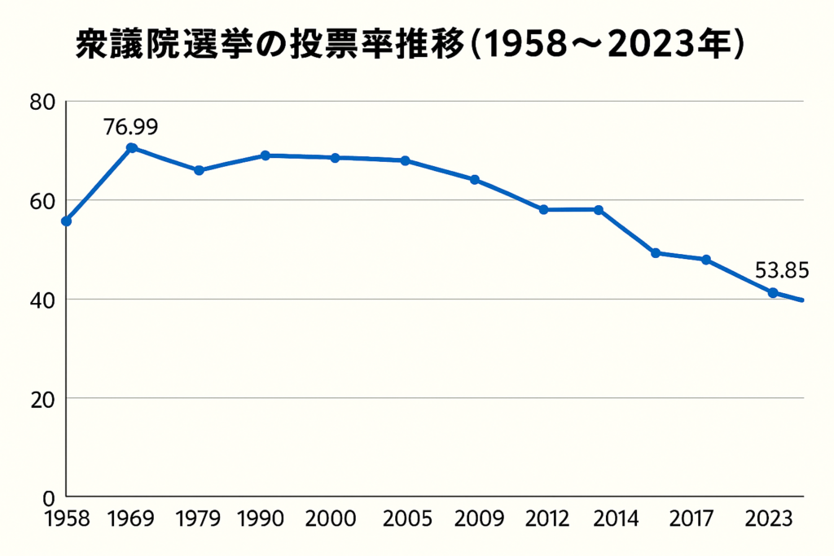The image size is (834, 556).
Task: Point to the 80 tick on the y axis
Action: [x=42, y=103]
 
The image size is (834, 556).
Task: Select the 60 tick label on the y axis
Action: [x=42, y=201]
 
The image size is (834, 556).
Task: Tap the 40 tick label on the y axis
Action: [x=42, y=300]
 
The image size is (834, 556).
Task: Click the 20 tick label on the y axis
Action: [x=42, y=399]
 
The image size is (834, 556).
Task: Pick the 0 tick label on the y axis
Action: [x=48, y=497]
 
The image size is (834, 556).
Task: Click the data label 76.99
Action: [x=130, y=127]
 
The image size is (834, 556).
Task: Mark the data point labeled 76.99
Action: [x=131, y=148]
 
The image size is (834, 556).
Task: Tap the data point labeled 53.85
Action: [x=772, y=292]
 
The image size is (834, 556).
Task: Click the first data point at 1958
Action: [x=67, y=221]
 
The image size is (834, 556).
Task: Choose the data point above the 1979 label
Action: [x=199, y=170]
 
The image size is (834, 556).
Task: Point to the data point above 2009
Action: [x=475, y=179]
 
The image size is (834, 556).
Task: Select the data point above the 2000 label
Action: [x=336, y=157]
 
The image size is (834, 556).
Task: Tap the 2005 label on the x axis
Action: [x=405, y=519]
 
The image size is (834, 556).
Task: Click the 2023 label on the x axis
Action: [x=771, y=519]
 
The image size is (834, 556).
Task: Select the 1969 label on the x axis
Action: [x=130, y=519]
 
